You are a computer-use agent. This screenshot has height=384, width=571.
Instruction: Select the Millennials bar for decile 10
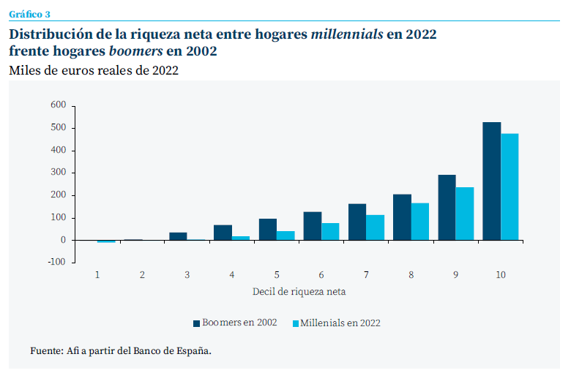(x=510, y=187)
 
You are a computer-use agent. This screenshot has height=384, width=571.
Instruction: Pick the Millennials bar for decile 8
(x=419, y=221)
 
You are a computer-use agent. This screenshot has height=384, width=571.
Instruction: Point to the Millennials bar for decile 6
(x=330, y=231)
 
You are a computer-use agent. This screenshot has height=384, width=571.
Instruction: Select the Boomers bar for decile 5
(x=268, y=229)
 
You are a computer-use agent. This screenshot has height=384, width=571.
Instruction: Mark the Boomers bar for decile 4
(x=223, y=233)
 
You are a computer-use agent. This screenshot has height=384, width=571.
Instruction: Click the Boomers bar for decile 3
(x=178, y=236)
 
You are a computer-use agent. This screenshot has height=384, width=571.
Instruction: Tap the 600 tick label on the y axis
(x=59, y=105)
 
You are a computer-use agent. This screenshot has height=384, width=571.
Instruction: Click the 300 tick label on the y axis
(x=59, y=173)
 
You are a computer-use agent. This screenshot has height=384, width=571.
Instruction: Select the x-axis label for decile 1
(x=97, y=275)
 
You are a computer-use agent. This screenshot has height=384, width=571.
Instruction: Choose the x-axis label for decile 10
(x=500, y=275)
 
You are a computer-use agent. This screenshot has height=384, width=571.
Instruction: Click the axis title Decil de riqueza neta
(x=299, y=291)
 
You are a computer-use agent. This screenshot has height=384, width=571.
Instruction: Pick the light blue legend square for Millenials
(x=296, y=323)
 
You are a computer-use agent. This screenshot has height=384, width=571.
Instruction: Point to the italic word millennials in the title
(x=347, y=34)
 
